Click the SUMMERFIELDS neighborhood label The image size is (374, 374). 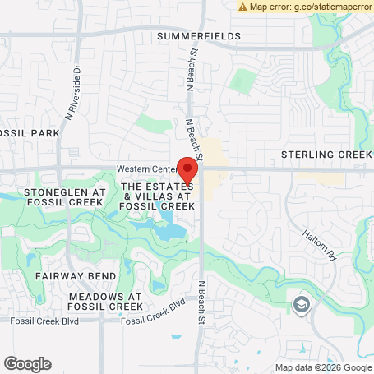(199, 36)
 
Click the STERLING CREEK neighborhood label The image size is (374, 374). (326, 155)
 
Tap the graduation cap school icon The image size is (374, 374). (302, 306)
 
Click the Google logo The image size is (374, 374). (27, 363)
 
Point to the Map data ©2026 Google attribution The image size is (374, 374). (323, 367)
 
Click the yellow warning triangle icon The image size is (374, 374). (242, 7)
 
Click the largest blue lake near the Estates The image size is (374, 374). (169, 232)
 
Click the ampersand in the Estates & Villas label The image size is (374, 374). (128, 197)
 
